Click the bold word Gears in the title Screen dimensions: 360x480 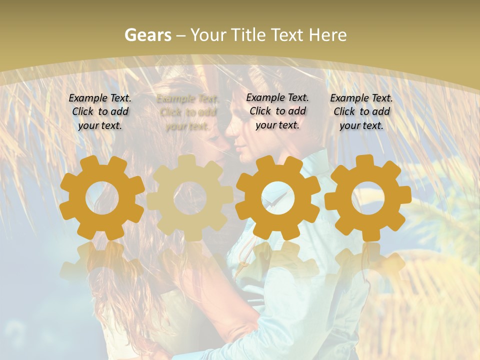tap(147, 35)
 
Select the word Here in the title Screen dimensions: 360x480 tap(327, 35)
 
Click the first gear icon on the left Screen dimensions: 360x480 tap(102, 197)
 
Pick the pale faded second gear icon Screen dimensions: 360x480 tap(189, 197)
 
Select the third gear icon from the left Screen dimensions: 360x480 tap(277, 197)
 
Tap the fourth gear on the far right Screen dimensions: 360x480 tap(367, 197)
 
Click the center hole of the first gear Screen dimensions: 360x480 tap(102, 198)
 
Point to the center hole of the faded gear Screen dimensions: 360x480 tap(189, 198)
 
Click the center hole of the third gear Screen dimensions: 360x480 tap(277, 198)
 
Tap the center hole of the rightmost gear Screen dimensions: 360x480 tap(367, 198)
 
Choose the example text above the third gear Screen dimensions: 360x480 tap(277, 111)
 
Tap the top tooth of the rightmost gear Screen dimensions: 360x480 tap(367, 161)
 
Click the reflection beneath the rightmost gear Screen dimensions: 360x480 tap(367, 262)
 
